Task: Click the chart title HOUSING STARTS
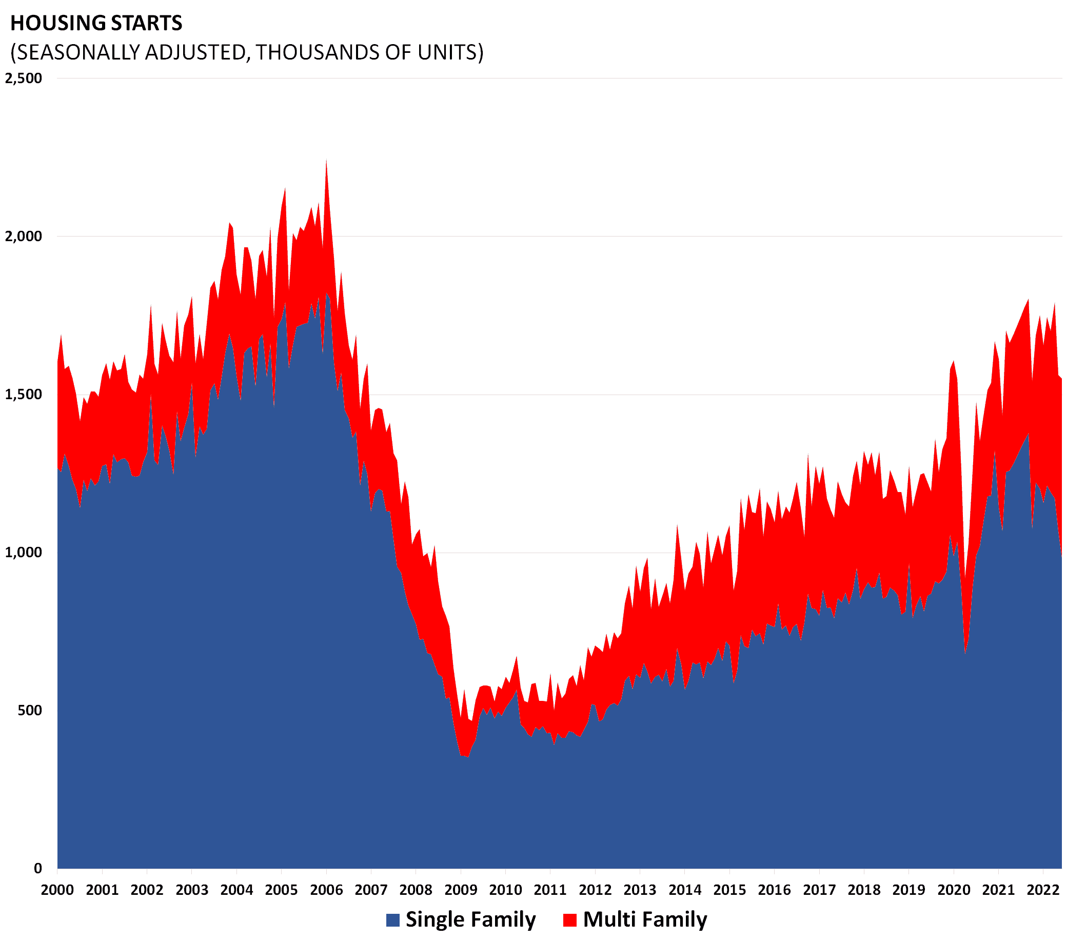(x=96, y=23)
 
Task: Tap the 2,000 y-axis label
(x=23, y=237)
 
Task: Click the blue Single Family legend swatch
(x=392, y=920)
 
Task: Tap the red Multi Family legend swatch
(x=570, y=920)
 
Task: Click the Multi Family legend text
(x=645, y=919)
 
